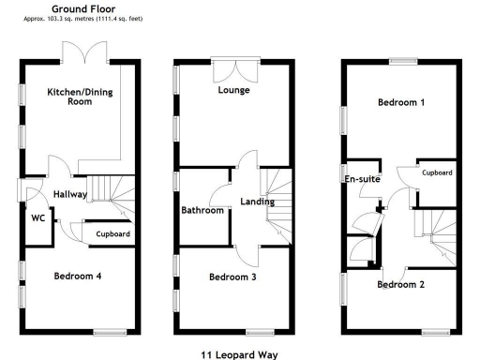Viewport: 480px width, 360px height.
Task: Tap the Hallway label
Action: tap(70, 194)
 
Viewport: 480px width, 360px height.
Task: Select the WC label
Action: tap(38, 217)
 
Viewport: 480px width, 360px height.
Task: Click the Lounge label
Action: tap(232, 91)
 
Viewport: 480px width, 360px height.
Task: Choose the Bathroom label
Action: tap(202, 210)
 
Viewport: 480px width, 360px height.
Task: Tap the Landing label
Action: tap(257, 202)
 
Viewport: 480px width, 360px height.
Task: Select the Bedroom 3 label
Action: tap(232, 277)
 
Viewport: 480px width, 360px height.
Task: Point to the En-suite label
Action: tap(362, 178)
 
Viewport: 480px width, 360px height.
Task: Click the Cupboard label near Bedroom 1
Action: tap(438, 173)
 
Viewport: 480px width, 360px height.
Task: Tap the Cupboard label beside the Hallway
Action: tap(113, 233)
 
